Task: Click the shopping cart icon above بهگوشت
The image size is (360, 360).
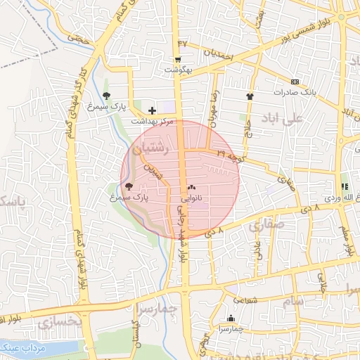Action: coord(178,59)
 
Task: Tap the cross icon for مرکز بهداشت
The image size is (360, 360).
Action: coord(152,110)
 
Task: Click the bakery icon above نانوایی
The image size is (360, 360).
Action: coord(191,187)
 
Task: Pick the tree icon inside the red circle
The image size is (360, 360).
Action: coord(128,186)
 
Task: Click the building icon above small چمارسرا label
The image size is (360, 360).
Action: coord(231,318)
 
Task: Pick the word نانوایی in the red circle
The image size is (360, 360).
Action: coord(192,199)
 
